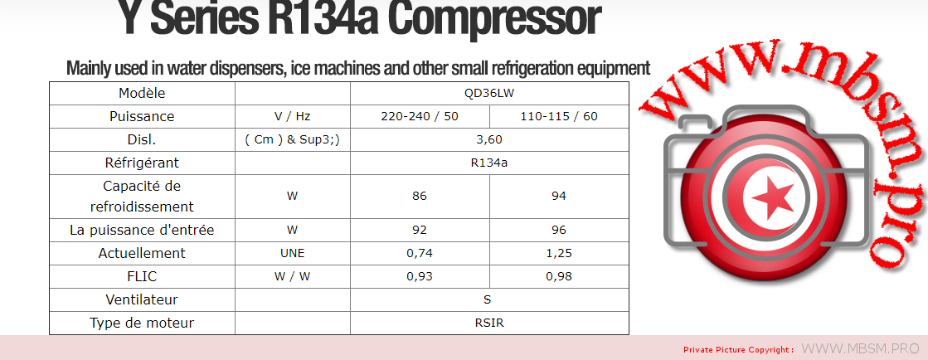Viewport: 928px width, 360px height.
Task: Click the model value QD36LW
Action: click(488, 93)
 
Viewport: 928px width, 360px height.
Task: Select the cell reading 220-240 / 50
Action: click(420, 116)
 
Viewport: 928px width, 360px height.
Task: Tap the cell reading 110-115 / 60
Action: click(559, 116)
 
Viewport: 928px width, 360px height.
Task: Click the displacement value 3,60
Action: click(488, 139)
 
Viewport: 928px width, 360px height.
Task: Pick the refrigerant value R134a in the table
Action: click(488, 163)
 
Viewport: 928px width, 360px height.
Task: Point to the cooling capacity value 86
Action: click(420, 196)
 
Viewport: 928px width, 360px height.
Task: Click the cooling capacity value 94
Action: click(559, 196)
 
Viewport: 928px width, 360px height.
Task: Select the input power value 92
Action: click(420, 230)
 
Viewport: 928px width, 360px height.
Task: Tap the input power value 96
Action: click(559, 230)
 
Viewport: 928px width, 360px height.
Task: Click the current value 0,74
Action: click(420, 254)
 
